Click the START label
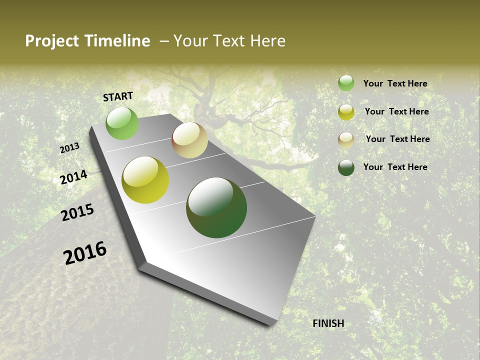pyautogui.click(x=118, y=96)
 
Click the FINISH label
pyautogui.click(x=328, y=323)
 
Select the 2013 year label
pyautogui.click(x=69, y=148)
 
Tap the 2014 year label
pyautogui.click(x=73, y=177)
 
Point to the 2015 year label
pyautogui.click(x=77, y=212)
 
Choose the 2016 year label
pyautogui.click(x=85, y=253)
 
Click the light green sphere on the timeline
pyautogui.click(x=122, y=123)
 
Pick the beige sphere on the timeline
pyautogui.click(x=189, y=140)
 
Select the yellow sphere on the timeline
pyautogui.click(x=145, y=180)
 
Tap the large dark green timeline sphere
pyautogui.click(x=216, y=207)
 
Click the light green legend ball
pyautogui.click(x=346, y=83)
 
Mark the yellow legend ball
pyautogui.click(x=346, y=112)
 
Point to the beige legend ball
pyautogui.click(x=346, y=140)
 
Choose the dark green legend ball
pyautogui.click(x=346, y=167)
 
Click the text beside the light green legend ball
pyautogui.click(x=395, y=83)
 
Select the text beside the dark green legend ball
pyautogui.click(x=395, y=167)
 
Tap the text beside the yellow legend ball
pyautogui.click(x=396, y=111)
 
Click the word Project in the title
pyautogui.click(x=52, y=41)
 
